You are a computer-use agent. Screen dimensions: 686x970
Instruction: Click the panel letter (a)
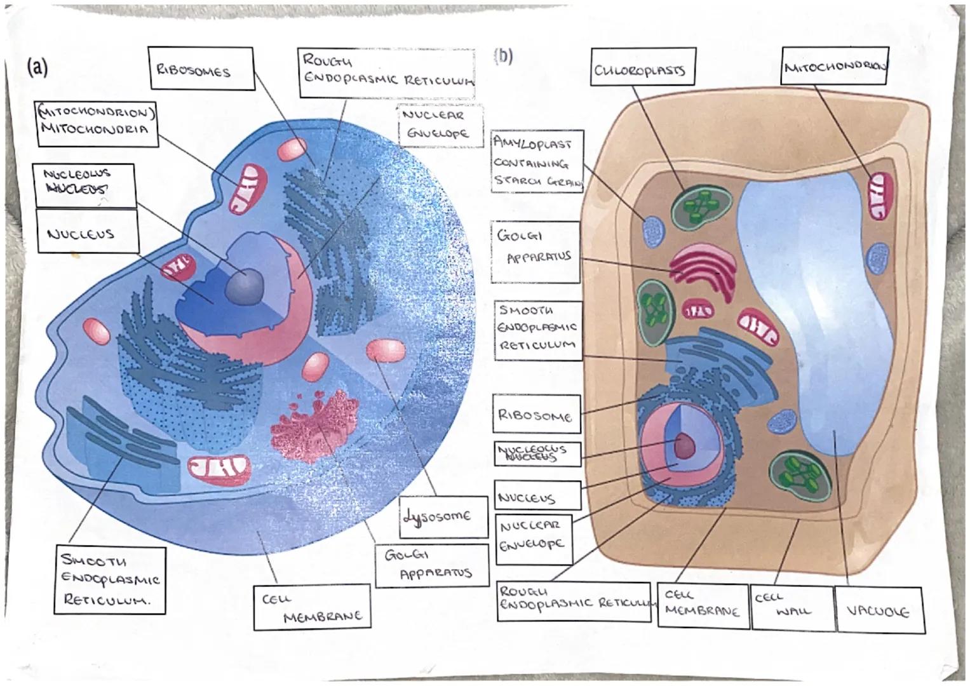coord(37,67)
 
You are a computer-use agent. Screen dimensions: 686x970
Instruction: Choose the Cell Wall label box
coord(791,607)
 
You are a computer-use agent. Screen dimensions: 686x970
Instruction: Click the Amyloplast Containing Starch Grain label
coord(537,163)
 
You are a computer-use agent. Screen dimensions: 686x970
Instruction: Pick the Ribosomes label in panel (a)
coord(201,69)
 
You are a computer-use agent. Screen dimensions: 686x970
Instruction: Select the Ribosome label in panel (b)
coord(537,416)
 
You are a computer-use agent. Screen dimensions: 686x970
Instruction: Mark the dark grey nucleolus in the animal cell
coord(245,285)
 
